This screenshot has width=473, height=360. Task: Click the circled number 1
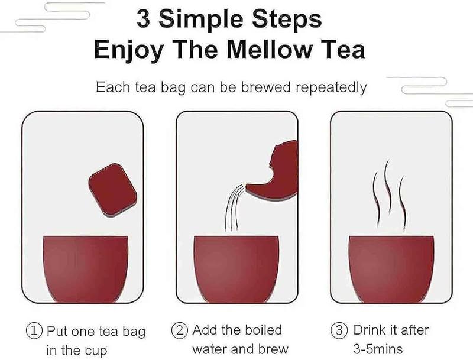click(36, 330)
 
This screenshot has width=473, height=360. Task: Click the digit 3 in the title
click(143, 20)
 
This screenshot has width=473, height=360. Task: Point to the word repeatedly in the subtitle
click(331, 87)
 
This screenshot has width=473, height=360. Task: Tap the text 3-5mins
click(378, 349)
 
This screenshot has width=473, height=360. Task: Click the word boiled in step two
click(260, 330)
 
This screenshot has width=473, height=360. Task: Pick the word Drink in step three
click(370, 330)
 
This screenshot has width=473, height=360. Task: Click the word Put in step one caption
click(57, 330)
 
